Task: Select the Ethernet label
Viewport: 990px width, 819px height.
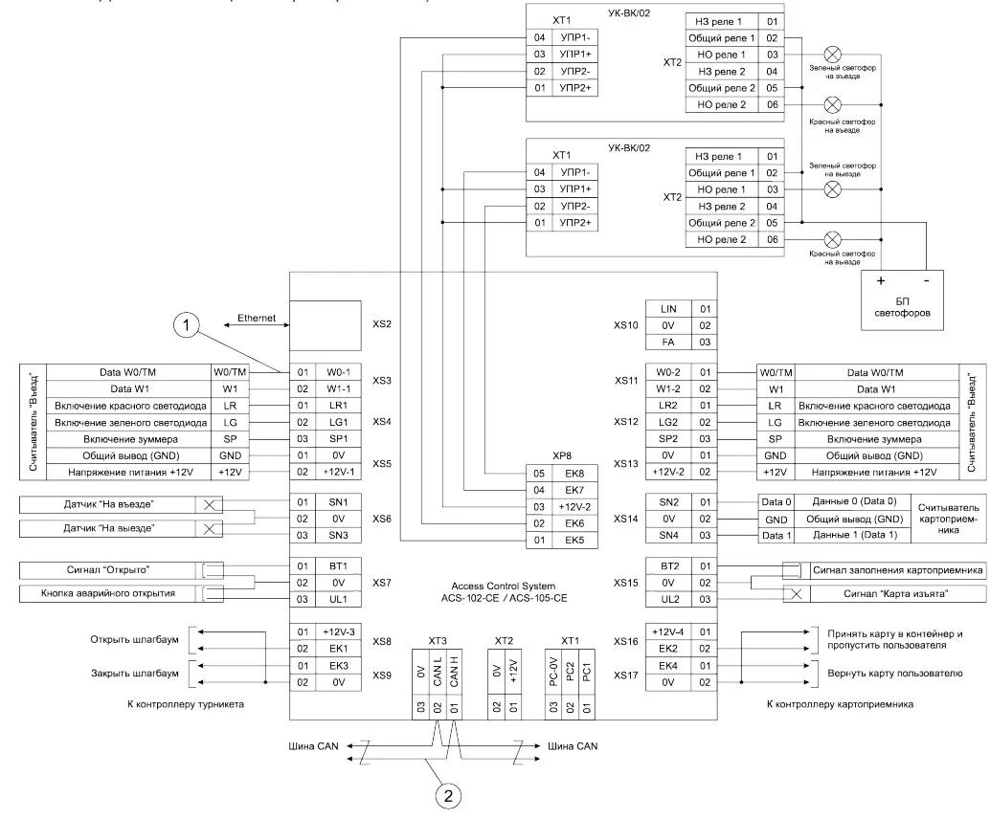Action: pos(257,317)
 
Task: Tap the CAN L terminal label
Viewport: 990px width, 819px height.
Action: pos(436,656)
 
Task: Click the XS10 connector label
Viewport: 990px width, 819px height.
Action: pos(626,324)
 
